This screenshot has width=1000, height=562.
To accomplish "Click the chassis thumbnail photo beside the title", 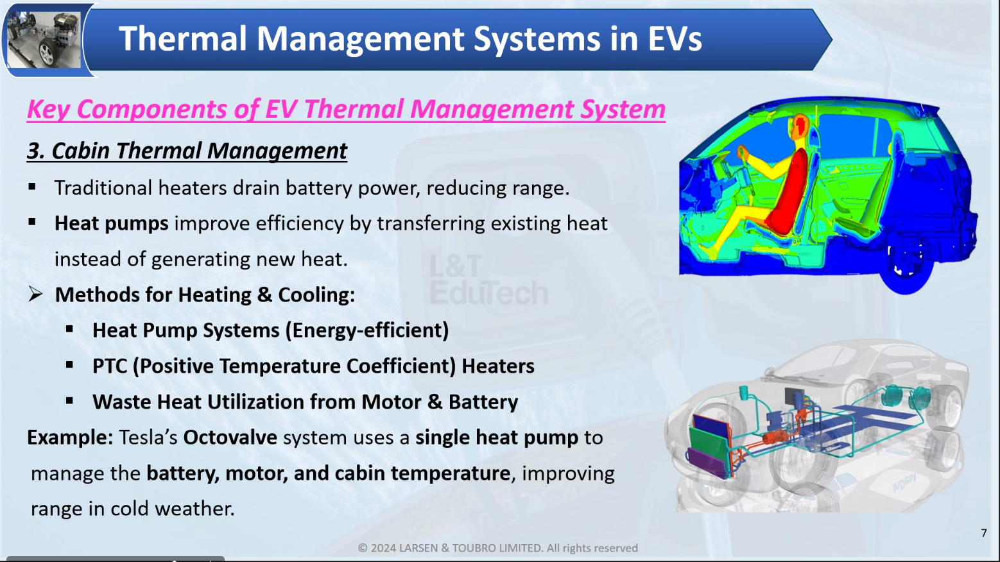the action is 44,40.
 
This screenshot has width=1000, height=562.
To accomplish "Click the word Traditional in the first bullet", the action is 103,188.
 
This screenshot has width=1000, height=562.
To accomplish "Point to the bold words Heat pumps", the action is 111,224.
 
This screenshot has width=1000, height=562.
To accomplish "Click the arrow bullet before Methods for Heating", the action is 35,294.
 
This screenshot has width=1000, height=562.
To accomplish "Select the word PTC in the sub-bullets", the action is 110,366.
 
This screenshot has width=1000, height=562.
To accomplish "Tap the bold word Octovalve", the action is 230,438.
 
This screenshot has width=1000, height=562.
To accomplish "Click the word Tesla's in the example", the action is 148,438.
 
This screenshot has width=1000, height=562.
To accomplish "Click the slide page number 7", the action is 984,533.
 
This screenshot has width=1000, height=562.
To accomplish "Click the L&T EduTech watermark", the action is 488,280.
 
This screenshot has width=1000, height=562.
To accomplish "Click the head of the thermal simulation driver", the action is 799,126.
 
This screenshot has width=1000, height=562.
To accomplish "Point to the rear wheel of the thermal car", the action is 906,272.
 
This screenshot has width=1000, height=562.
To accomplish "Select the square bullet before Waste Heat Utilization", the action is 69,401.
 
